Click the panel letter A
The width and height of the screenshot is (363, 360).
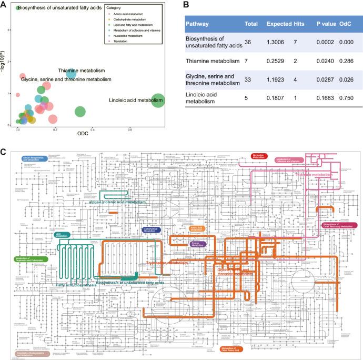tap(4, 4)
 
